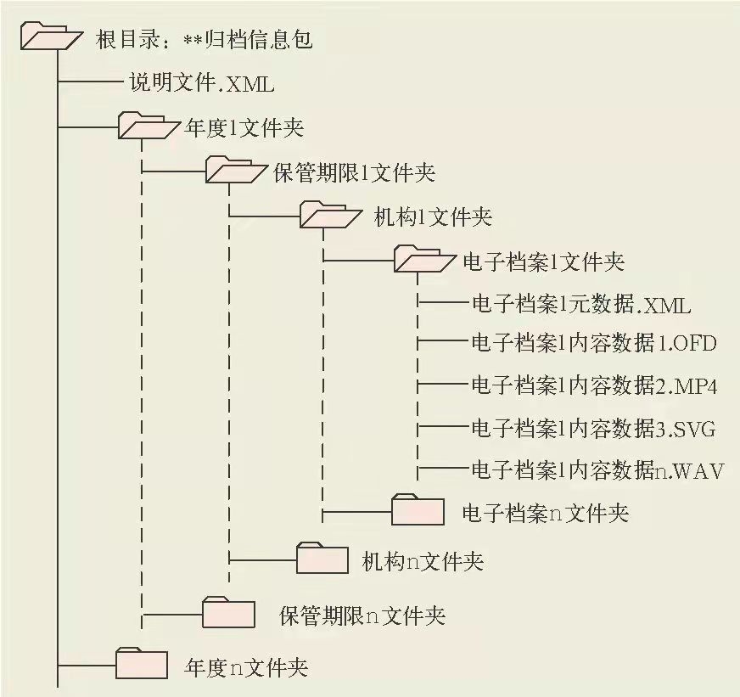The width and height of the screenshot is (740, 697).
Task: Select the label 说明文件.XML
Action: click(202, 83)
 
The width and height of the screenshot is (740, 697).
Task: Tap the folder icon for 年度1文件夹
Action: click(146, 126)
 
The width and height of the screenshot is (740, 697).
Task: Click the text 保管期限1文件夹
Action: click(355, 172)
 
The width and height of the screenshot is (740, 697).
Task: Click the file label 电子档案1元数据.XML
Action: click(581, 303)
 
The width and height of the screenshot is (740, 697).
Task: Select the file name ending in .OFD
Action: click(594, 344)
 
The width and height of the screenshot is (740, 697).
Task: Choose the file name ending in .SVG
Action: click(593, 429)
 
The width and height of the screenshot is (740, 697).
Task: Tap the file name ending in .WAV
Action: click(597, 469)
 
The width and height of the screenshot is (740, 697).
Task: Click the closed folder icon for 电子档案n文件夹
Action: click(418, 510)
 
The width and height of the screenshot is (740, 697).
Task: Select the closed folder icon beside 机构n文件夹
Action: click(322, 559)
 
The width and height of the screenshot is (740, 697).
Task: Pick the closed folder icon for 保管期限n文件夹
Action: click(229, 612)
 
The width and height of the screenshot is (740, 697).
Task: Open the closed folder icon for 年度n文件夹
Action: click(141, 663)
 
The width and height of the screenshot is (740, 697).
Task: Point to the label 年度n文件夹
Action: click(245, 667)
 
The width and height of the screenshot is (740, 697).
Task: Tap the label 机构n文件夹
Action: click(422, 561)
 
